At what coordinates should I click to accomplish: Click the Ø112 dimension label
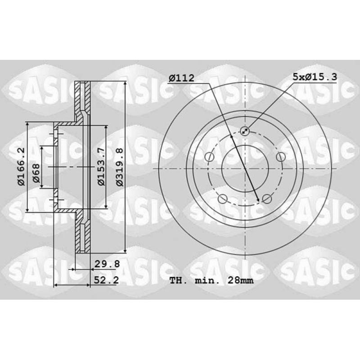(x=181, y=78)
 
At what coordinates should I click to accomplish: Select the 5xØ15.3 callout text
(x=315, y=77)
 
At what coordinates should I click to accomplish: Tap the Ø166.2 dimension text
(x=21, y=166)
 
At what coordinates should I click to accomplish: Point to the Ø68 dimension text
(x=36, y=173)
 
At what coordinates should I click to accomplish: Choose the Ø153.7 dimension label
(x=101, y=166)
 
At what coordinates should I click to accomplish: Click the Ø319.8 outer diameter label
(x=119, y=167)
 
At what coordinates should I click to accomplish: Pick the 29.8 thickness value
(x=107, y=264)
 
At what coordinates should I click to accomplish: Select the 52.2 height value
(x=106, y=280)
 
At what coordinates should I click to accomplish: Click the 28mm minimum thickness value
(x=241, y=280)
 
